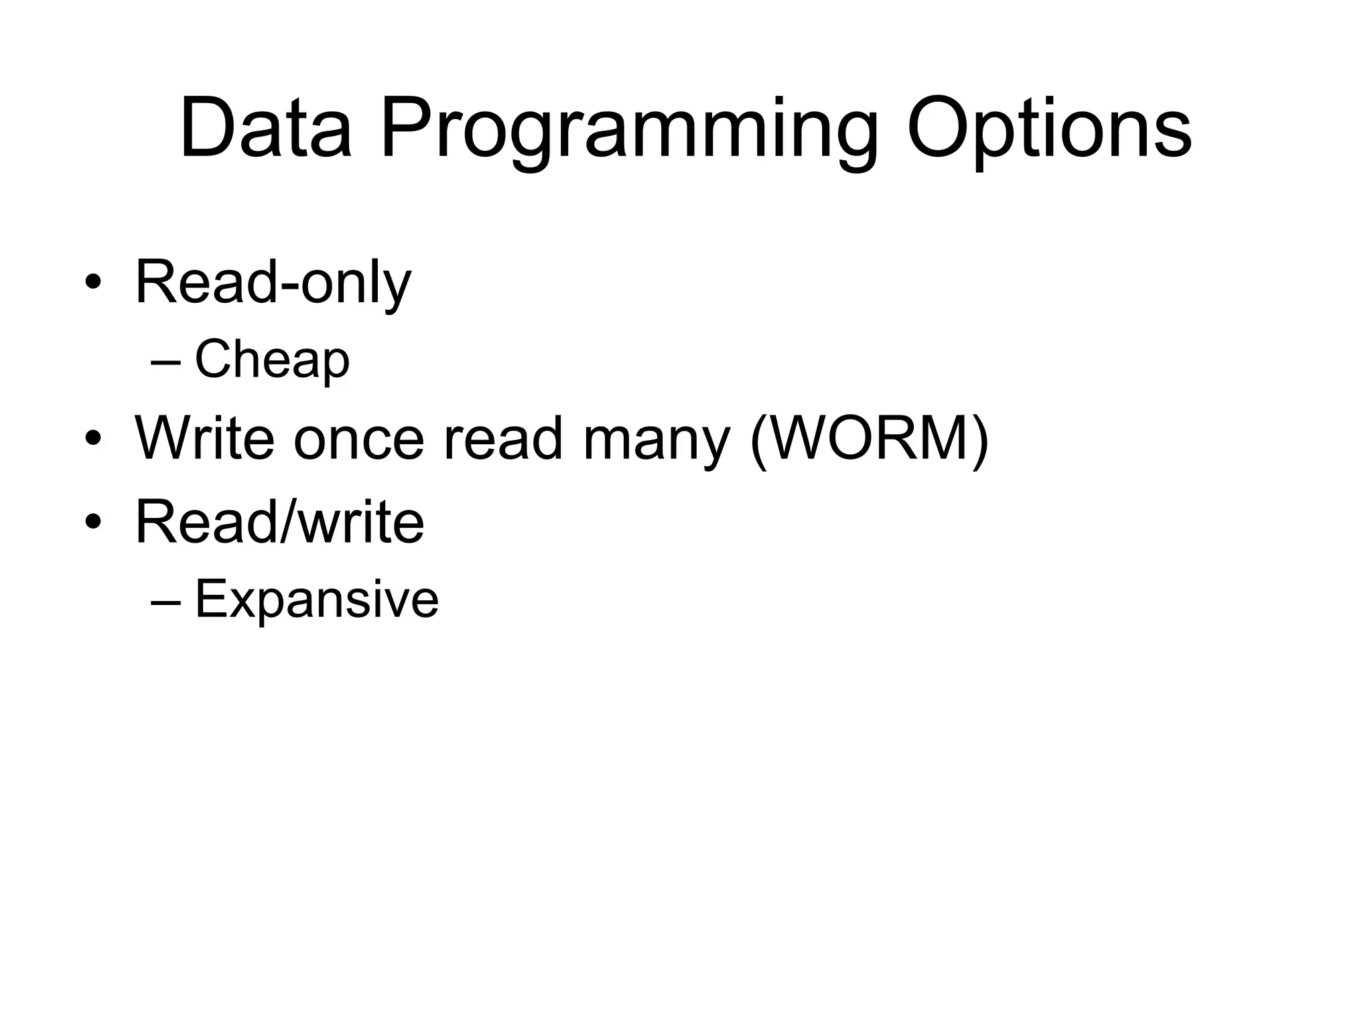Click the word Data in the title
pos(265,128)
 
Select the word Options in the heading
pos(1049,128)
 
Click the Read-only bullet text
pos(273,282)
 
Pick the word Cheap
pos(271,360)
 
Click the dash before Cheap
pos(165,362)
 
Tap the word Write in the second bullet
pos(204,439)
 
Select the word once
pos(359,440)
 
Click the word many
pos(656,441)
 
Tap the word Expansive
pos(316,599)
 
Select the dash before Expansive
pos(165,601)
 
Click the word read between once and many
pos(503,440)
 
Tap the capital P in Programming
pos(406,128)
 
